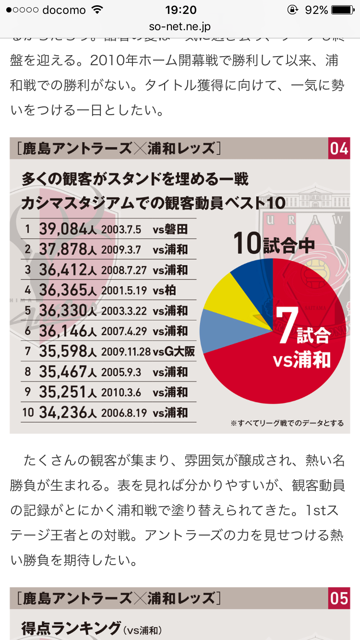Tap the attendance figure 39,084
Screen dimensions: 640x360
(63, 229)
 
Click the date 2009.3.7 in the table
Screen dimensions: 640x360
(121, 249)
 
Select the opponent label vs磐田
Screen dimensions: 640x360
(170, 229)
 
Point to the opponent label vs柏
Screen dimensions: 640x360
(164, 290)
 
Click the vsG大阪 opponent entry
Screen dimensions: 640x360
(174, 352)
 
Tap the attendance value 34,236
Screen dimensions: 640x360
(63, 413)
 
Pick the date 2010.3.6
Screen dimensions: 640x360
(121, 392)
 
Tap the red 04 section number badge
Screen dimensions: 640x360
(339, 149)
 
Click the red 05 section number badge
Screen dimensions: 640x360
(339, 598)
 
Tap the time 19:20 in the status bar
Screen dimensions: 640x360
(180, 10)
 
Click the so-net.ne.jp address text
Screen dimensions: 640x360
(180, 27)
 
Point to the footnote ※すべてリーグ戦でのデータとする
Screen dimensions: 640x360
(287, 423)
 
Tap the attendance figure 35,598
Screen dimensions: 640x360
(63, 352)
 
